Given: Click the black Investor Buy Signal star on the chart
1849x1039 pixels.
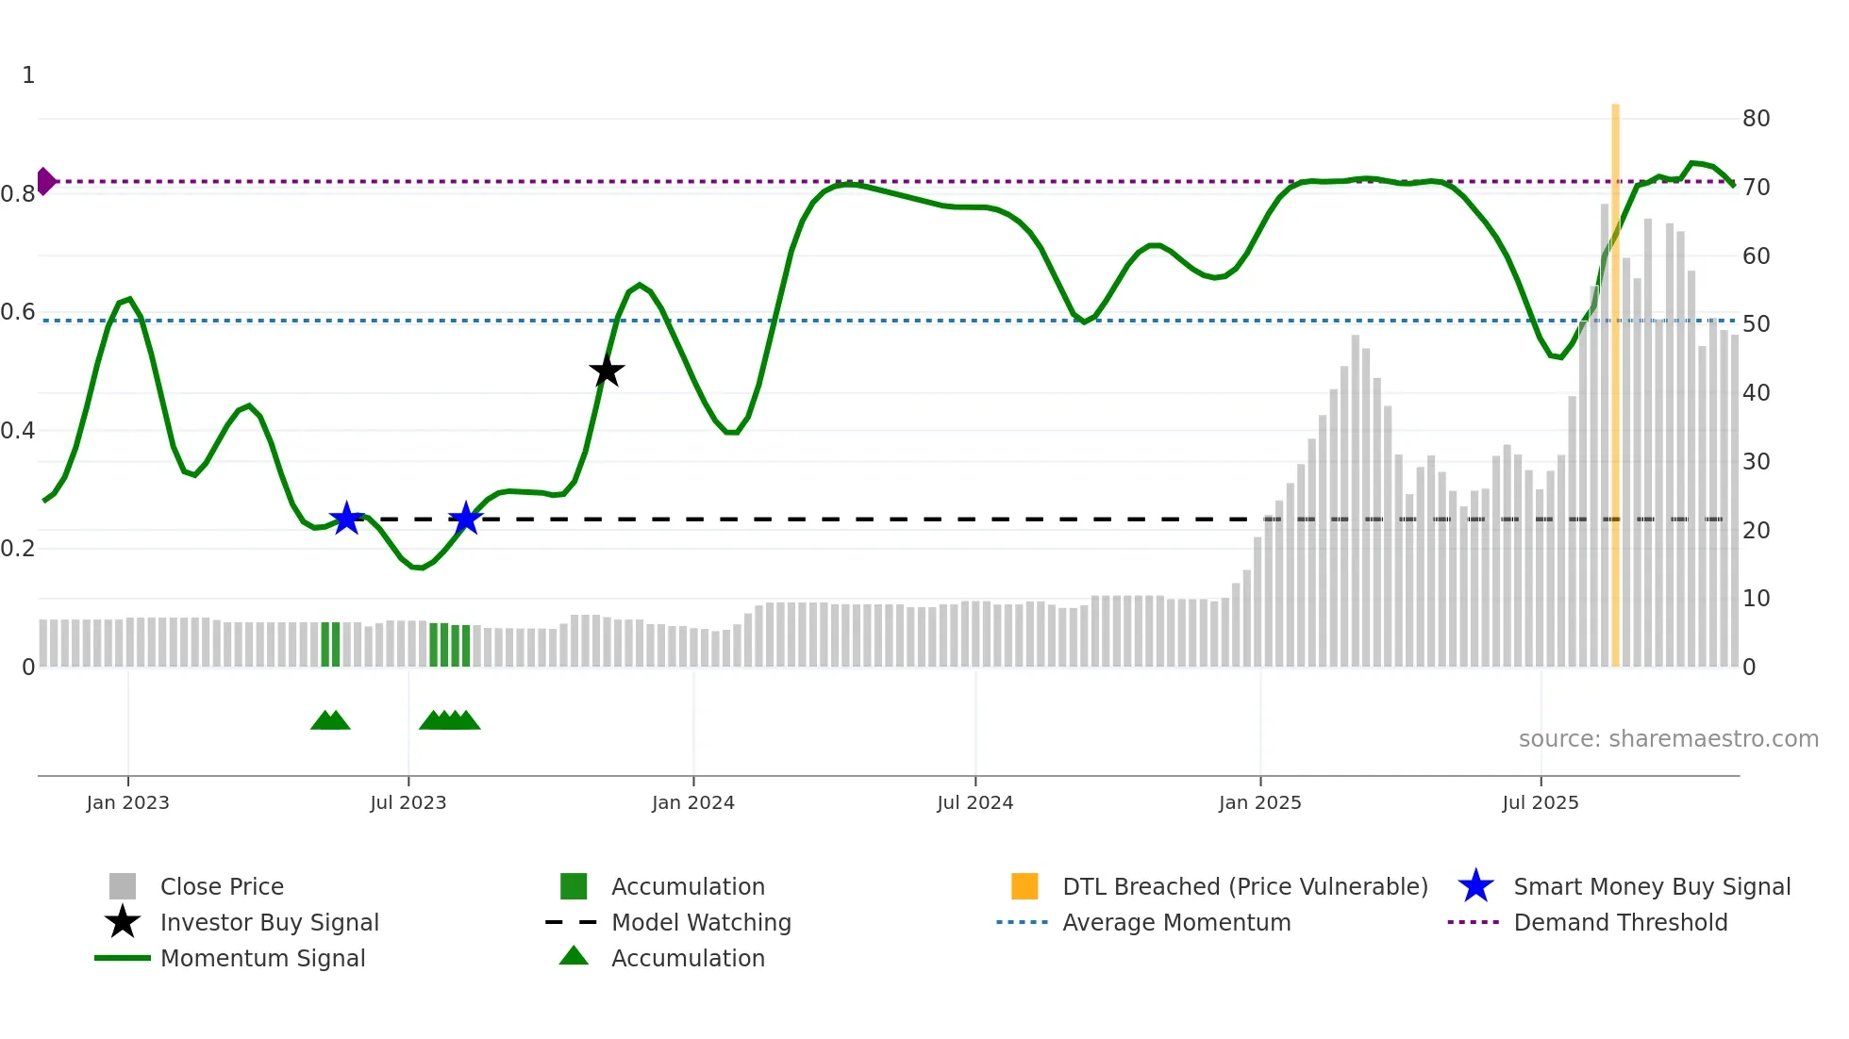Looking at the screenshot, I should [x=607, y=371].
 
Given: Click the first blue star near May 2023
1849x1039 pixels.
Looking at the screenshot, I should [x=346, y=519].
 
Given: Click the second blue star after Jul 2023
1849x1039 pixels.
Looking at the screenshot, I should [x=465, y=519].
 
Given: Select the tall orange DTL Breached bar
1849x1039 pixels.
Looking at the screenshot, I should [x=1615, y=387].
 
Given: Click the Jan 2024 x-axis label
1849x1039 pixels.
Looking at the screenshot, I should [x=692, y=802].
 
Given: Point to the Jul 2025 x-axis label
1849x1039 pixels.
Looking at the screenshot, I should [x=1540, y=802].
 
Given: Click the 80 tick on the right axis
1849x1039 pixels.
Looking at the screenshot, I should [x=1756, y=119].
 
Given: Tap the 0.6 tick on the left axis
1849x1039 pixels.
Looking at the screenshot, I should [x=18, y=312].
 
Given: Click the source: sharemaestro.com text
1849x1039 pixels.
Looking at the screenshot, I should [x=1668, y=739].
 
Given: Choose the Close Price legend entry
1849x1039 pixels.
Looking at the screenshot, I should [x=222, y=886].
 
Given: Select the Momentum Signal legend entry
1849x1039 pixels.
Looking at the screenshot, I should [x=262, y=958].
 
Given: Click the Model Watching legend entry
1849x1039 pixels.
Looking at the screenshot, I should [x=701, y=922].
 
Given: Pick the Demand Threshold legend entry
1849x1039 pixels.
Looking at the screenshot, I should [x=1620, y=922].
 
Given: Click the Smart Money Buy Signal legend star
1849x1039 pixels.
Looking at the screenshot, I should [x=1475, y=886].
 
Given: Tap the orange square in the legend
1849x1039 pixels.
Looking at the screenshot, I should [x=1024, y=886].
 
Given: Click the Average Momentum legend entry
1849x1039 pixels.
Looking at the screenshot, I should [x=1175, y=922].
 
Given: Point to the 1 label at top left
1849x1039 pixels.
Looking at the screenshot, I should [x=28, y=75].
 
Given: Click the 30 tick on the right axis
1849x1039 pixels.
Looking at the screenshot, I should [x=1756, y=462].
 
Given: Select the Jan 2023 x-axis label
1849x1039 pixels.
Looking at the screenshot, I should [x=127, y=802].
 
